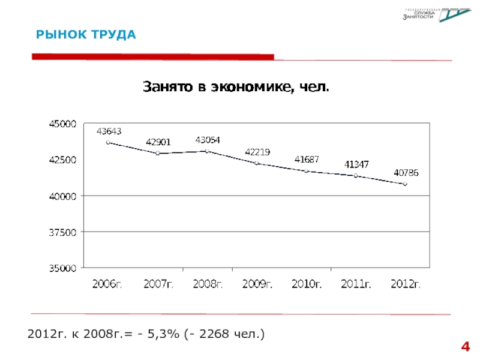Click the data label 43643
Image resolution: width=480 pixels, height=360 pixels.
[109, 130]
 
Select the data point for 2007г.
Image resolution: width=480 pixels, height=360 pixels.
[157, 153]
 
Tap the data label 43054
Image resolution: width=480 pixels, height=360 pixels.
[208, 140]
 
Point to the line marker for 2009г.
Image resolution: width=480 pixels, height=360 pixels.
[257, 163]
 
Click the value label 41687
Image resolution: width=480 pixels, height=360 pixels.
[307, 159]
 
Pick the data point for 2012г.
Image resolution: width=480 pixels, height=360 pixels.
[405, 184]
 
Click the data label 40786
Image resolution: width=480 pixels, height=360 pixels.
[406, 172]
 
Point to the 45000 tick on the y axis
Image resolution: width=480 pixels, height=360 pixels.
[62, 124]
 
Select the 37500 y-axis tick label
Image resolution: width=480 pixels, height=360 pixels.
[62, 232]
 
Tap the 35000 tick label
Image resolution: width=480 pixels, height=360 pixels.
[62, 268]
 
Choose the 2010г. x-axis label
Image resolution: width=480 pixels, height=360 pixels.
[307, 284]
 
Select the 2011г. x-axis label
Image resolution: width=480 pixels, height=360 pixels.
[356, 284]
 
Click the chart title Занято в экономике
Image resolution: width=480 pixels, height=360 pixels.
[236, 88]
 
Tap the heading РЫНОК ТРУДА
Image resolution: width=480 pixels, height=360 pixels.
[86, 35]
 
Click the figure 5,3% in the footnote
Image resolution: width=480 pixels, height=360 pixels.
[164, 332]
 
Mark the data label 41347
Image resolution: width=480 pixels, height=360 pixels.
[356, 164]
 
